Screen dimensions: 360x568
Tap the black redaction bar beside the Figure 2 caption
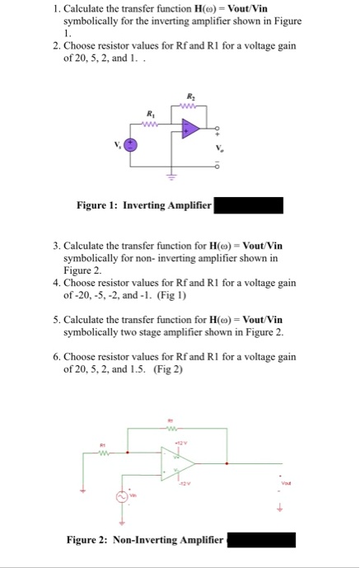click(260, 540)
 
